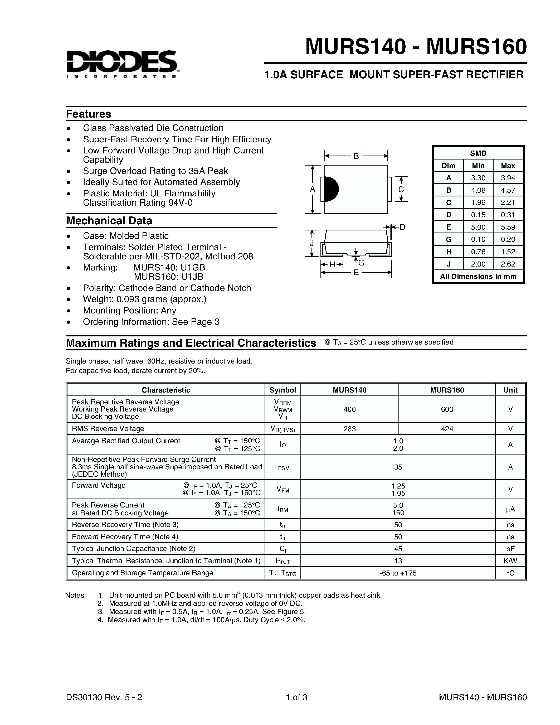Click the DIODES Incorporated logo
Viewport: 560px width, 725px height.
122,64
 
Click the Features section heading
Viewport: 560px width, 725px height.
89,114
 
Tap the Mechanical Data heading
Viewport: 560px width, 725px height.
109,221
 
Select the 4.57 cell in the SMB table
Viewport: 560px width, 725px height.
508,190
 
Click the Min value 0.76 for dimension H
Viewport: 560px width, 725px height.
478,252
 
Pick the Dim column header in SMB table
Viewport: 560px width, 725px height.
448,166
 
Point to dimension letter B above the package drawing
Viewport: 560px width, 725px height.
356,156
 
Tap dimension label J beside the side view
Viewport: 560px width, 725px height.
312,243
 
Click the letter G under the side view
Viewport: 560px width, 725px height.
361,263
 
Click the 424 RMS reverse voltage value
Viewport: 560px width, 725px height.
447,429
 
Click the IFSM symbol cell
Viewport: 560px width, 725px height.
283,467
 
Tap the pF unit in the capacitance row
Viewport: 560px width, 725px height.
510,549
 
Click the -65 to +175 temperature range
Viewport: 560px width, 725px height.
398,573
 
